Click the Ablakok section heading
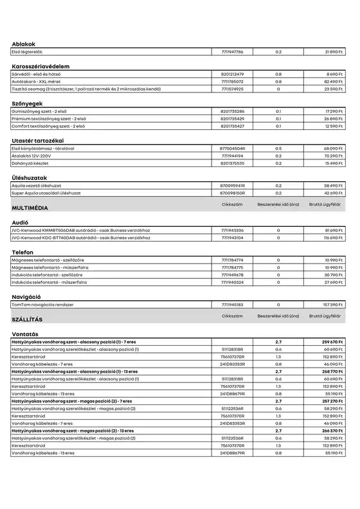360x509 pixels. pos(23,44)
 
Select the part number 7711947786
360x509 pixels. pos(232,51)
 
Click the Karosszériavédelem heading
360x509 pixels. pos(40,66)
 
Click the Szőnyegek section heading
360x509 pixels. pos(28,103)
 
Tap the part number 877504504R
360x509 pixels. pos(232,148)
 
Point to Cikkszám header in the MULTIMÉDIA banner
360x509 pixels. pos(232,204)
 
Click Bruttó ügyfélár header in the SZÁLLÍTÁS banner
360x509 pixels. pos(325,316)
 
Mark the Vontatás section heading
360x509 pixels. pos(25,334)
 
